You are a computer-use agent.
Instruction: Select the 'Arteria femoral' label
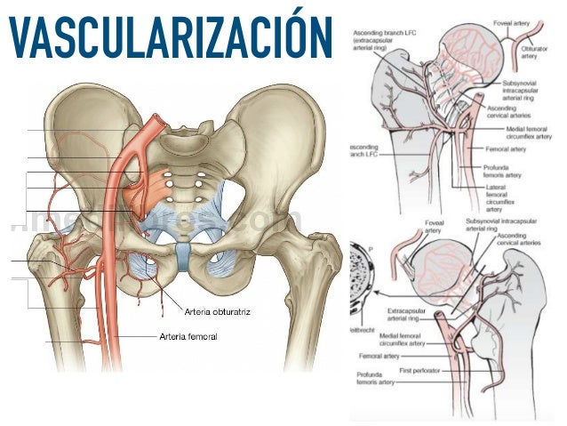pyautogui.click(x=188, y=336)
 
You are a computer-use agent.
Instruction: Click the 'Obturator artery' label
pyautogui.click(x=529, y=52)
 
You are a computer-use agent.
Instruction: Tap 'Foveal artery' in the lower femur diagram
pyautogui.click(x=410, y=227)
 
